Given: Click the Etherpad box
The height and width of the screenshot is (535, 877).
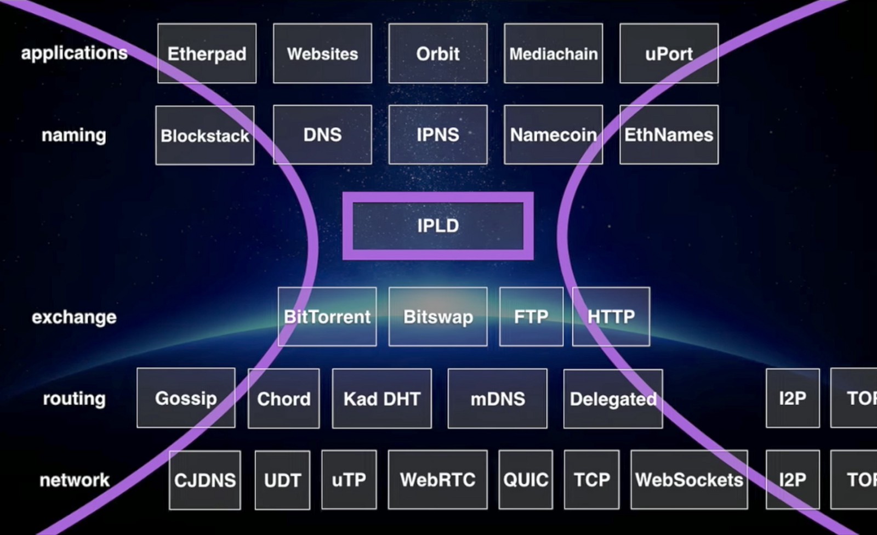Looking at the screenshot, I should click(207, 54).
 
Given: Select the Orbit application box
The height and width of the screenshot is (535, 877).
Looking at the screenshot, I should click(437, 54).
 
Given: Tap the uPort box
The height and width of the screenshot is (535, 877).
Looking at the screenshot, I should click(669, 54).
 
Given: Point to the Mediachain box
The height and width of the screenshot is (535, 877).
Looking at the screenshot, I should click(553, 54).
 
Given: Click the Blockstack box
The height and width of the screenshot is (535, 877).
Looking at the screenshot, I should click(204, 135).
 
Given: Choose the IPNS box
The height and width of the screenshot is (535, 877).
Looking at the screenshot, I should click(437, 135).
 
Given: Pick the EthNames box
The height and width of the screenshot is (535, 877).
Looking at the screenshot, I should click(669, 135).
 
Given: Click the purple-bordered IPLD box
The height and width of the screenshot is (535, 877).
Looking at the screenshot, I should click(437, 226).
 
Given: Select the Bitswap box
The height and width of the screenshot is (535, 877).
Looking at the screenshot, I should click(437, 317).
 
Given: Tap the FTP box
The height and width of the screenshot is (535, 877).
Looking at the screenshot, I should click(531, 317).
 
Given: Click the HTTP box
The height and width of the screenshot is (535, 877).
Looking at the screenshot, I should click(611, 317).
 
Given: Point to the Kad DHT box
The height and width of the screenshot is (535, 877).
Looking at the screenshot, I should click(381, 399).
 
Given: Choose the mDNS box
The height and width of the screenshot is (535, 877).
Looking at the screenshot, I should click(497, 399).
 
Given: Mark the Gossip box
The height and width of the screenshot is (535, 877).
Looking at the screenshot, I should click(186, 398).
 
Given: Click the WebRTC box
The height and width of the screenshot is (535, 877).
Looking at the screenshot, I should click(437, 480).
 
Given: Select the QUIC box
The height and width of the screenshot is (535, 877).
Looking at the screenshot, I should click(525, 480).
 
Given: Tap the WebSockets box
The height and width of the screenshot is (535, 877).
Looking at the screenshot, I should click(689, 480).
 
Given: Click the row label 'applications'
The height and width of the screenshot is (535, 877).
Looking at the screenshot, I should click(74, 53).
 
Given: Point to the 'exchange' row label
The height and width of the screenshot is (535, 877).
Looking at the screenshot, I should click(74, 317).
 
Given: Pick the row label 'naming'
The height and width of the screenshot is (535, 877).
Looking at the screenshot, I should click(74, 135).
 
